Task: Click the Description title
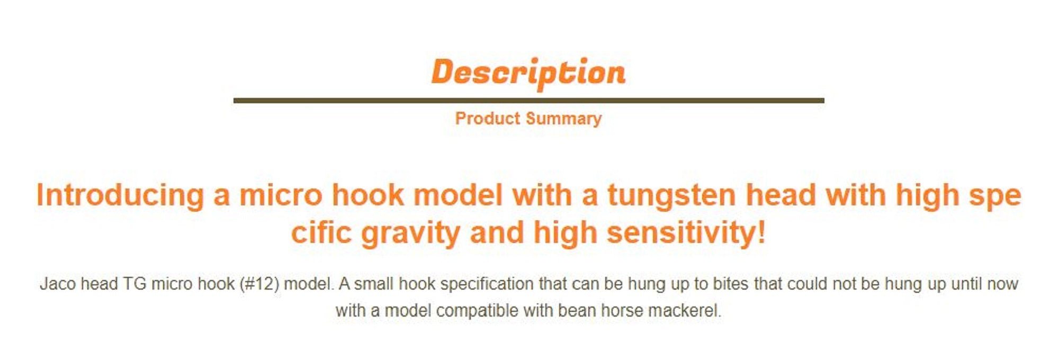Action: pyautogui.click(x=528, y=73)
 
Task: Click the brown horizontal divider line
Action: pyautogui.click(x=528, y=100)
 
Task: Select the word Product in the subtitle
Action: pyautogui.click(x=488, y=118)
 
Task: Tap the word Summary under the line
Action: pyautogui.click(x=564, y=119)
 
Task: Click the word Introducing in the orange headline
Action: pyautogui.click(x=120, y=195)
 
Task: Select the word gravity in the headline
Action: pyautogui.click(x=411, y=233)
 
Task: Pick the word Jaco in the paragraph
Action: pyautogui.click(x=58, y=284)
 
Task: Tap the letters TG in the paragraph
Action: pyautogui.click(x=134, y=284)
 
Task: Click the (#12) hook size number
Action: pyautogui.click(x=259, y=284)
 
